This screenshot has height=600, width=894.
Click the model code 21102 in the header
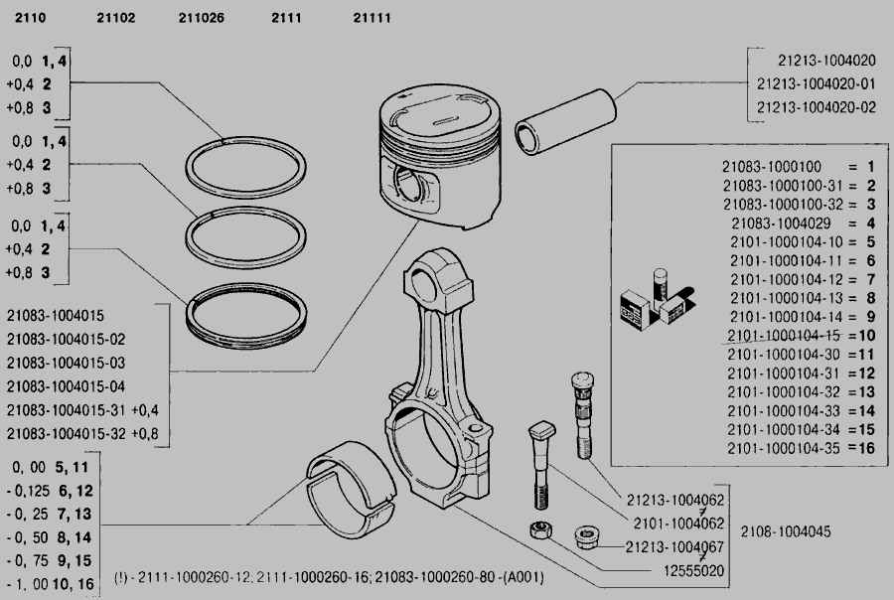point(116,18)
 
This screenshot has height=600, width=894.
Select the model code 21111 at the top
point(372,18)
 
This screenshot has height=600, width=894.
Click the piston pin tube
point(565,121)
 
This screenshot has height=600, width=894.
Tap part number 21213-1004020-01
point(816,83)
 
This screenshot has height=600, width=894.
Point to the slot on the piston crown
point(445,121)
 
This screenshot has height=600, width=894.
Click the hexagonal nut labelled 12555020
point(540,530)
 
